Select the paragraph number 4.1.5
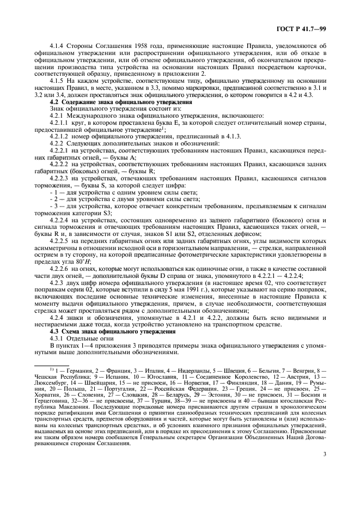(58, 80)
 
